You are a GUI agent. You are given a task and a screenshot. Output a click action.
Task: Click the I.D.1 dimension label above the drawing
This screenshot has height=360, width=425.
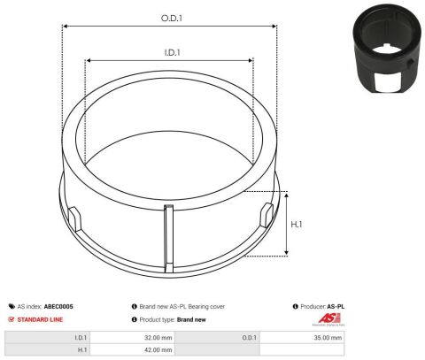172,52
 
